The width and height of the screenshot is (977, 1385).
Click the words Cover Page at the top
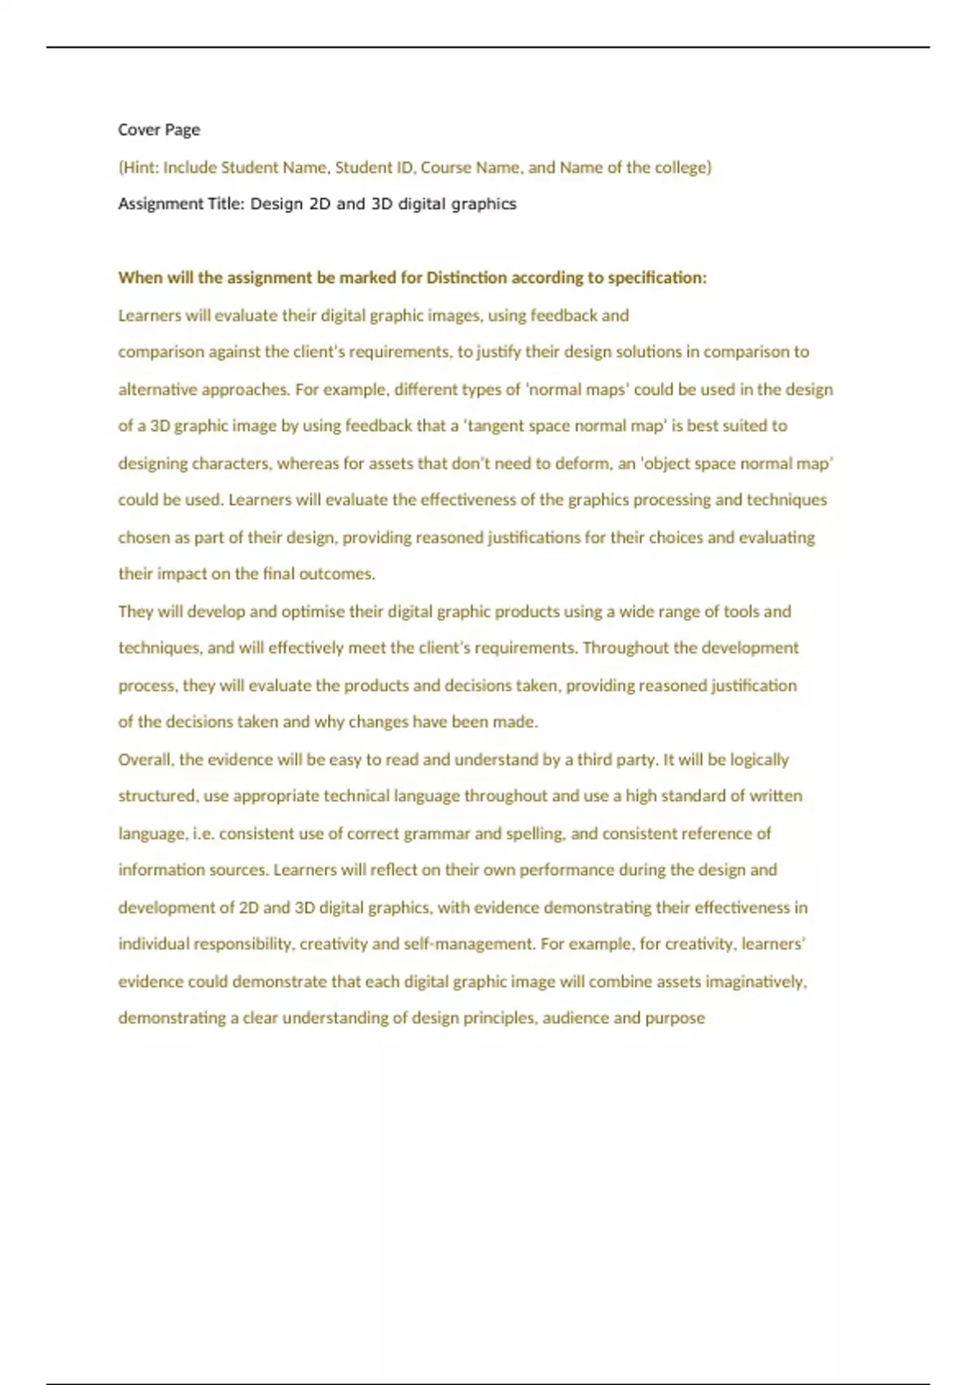pos(159,130)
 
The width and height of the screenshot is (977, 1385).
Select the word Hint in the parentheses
pos(139,167)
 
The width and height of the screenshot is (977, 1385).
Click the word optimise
pos(313,611)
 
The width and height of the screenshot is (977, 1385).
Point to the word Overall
pos(146,759)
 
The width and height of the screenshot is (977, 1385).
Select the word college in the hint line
pos(682,167)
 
